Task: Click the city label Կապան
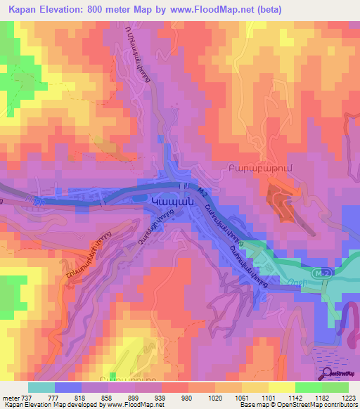(171, 200)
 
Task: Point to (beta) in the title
(309, 9)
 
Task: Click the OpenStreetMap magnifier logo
(327, 372)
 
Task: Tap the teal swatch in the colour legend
(41, 387)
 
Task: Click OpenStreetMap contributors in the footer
(322, 405)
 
